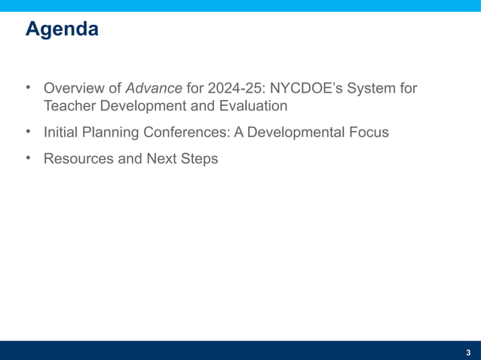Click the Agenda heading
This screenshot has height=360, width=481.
(62, 30)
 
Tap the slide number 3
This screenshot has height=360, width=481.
(468, 352)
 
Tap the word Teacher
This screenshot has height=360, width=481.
(68, 106)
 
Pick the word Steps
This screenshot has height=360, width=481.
(198, 159)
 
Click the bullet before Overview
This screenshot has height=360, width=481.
(29, 88)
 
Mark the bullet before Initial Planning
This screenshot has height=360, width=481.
(29, 132)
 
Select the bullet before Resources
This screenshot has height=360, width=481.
(29, 158)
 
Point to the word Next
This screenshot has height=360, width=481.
(158, 159)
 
